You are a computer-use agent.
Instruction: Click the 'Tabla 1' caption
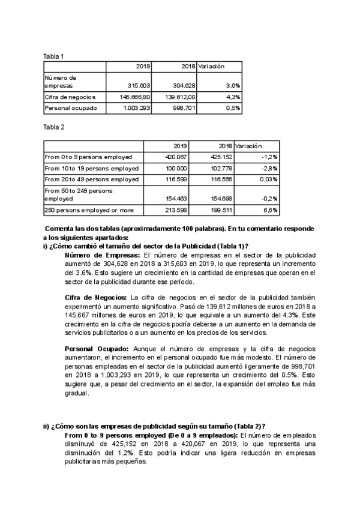(53, 56)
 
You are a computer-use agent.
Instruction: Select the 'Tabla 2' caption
(53, 127)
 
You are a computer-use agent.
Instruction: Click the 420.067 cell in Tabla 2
(176, 157)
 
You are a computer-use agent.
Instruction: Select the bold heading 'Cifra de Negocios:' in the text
(95, 297)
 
